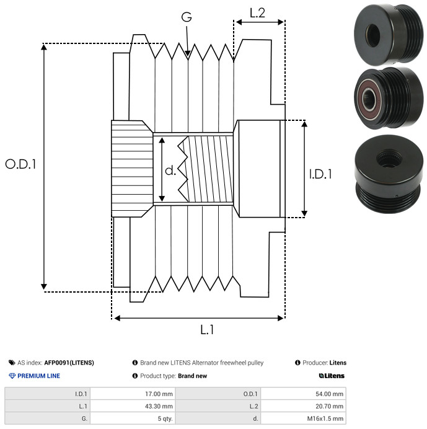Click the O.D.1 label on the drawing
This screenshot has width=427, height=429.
(x=21, y=164)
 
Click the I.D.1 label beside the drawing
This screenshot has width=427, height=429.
(x=320, y=174)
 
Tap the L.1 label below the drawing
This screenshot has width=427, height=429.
(x=207, y=330)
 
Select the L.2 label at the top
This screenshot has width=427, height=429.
(x=257, y=13)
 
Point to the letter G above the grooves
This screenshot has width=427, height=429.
(x=187, y=17)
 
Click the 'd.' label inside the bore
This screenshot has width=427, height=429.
(x=170, y=170)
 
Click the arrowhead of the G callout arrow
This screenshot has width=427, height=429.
(x=188, y=53)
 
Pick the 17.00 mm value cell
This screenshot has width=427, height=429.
(x=133, y=394)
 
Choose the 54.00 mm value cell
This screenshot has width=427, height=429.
(x=303, y=394)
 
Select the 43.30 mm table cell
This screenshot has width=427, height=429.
(x=133, y=406)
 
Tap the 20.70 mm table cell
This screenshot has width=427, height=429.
(x=303, y=406)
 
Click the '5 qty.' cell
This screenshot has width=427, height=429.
(x=133, y=418)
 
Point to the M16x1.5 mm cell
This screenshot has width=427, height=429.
(x=303, y=418)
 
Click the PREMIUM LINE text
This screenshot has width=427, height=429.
(x=38, y=376)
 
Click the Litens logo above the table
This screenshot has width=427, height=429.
(x=332, y=376)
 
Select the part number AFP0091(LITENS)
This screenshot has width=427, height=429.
(x=69, y=363)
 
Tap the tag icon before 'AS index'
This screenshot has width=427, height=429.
(x=12, y=363)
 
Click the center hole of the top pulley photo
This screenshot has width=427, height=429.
(x=373, y=35)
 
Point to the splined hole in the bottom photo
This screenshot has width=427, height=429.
(x=389, y=159)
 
